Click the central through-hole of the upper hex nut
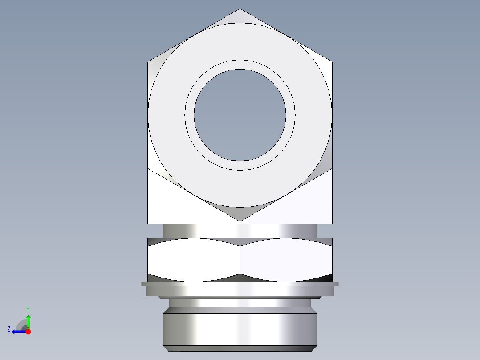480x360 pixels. click(240, 115)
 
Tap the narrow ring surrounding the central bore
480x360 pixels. click(240, 64)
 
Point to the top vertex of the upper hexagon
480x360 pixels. click(240, 9)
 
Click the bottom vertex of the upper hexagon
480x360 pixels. click(240, 221)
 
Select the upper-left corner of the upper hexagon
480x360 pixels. click(149, 62)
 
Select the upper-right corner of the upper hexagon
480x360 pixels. click(331, 62)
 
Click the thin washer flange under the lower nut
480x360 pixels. click(240, 284)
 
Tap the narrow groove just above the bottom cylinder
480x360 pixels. click(240, 303)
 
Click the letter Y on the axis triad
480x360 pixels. click(28, 309)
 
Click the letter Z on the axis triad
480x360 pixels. click(9, 329)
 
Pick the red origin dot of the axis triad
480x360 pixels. click(28, 331)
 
